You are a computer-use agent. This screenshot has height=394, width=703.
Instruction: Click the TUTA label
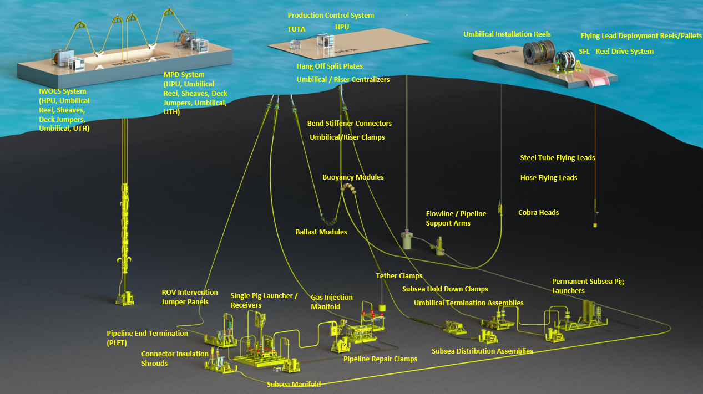(296, 29)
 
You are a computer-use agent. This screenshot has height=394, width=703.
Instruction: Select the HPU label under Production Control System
(342, 27)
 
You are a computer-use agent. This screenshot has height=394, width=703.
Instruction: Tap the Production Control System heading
(331, 16)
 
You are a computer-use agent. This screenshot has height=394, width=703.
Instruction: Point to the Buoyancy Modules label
(353, 177)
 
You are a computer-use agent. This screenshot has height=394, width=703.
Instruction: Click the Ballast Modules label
(321, 232)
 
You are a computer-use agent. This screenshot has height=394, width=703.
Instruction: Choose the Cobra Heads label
(538, 213)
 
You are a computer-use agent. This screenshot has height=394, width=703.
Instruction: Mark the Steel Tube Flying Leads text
(557, 158)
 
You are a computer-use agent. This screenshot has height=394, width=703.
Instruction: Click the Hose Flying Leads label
(548, 178)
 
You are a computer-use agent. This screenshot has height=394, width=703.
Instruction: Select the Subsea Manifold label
(294, 384)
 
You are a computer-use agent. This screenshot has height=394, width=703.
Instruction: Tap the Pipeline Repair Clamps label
(380, 359)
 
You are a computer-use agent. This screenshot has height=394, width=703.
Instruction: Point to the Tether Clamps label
(399, 276)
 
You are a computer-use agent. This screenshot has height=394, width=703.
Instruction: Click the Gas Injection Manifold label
(331, 302)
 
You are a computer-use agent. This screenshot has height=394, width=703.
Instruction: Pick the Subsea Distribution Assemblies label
(482, 351)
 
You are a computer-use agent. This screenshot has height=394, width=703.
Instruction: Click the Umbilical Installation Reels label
(507, 34)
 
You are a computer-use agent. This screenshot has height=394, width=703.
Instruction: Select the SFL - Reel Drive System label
(616, 52)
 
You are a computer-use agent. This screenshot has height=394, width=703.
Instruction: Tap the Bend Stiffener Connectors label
(350, 124)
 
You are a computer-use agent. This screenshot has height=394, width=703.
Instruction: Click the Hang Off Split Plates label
(330, 66)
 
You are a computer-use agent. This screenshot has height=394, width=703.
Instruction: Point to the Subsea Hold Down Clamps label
(445, 289)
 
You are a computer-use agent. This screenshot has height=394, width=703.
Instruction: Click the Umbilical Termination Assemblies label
(468, 303)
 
